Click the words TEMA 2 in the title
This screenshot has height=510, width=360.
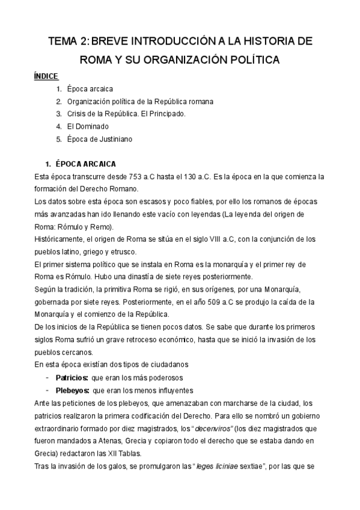pyautogui.click(x=67, y=41)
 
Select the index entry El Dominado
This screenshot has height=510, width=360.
pyautogui.click(x=88, y=126)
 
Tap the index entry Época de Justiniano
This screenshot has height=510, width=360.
pyautogui.click(x=99, y=139)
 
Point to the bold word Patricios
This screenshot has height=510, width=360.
pyautogui.click(x=71, y=377)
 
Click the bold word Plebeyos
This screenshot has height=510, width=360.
pyautogui.click(x=72, y=390)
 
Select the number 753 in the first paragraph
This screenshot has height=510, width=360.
pyautogui.click(x=137, y=177)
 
